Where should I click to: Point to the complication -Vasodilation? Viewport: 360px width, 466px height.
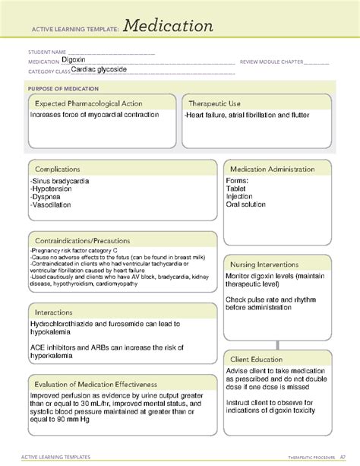(52, 204)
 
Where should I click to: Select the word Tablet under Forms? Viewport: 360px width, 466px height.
(236, 188)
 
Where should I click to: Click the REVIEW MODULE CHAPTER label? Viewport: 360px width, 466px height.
(272, 62)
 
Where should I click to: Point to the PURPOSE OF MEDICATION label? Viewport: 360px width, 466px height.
(64, 87)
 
